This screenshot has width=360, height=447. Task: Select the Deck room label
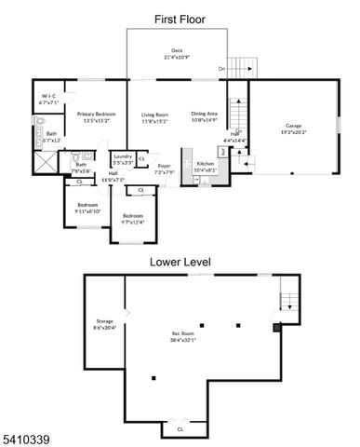[177, 53]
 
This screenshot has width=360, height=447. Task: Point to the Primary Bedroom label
[96, 116]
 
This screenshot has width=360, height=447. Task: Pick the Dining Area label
[204, 116]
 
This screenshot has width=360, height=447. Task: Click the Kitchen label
[204, 168]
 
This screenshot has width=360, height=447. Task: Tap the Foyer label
[164, 169]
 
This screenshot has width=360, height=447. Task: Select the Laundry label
[122, 159]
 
